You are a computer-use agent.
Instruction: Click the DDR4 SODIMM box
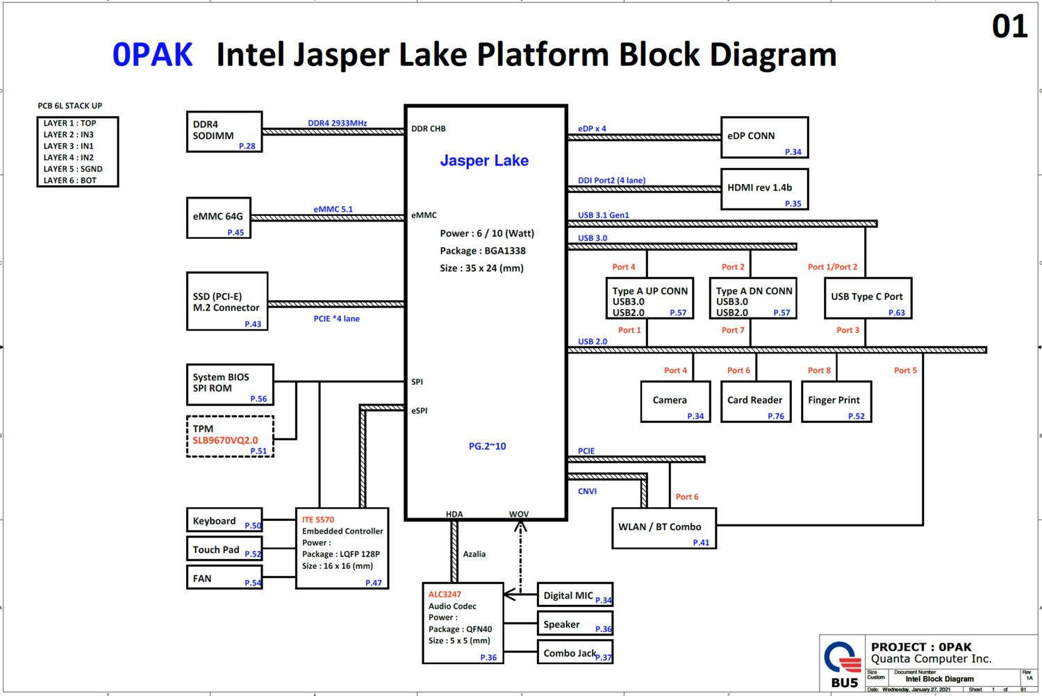[x=224, y=131]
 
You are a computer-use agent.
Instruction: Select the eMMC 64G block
[x=219, y=218]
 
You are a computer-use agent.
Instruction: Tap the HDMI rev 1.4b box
[x=764, y=189]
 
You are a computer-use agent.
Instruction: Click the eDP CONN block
[x=764, y=138]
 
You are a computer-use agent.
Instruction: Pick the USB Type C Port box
[x=868, y=298]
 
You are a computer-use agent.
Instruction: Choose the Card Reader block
[x=756, y=401]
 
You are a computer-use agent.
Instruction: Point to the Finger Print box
[x=836, y=401]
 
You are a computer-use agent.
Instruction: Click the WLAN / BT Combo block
[x=663, y=529]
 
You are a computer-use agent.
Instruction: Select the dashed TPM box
[x=230, y=436]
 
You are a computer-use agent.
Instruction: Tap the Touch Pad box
[x=224, y=549]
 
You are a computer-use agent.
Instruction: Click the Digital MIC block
[x=574, y=595]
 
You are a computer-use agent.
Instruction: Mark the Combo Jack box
[x=574, y=652]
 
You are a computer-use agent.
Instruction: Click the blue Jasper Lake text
[x=484, y=161]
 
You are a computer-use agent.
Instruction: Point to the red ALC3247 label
[x=445, y=595]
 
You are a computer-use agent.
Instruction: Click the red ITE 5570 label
[x=318, y=520]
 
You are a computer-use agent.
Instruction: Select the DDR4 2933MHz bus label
[x=338, y=124]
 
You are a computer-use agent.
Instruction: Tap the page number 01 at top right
[x=1009, y=27]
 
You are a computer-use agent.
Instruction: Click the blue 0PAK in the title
[x=153, y=55]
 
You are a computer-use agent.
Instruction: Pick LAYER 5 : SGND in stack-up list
[x=73, y=169]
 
